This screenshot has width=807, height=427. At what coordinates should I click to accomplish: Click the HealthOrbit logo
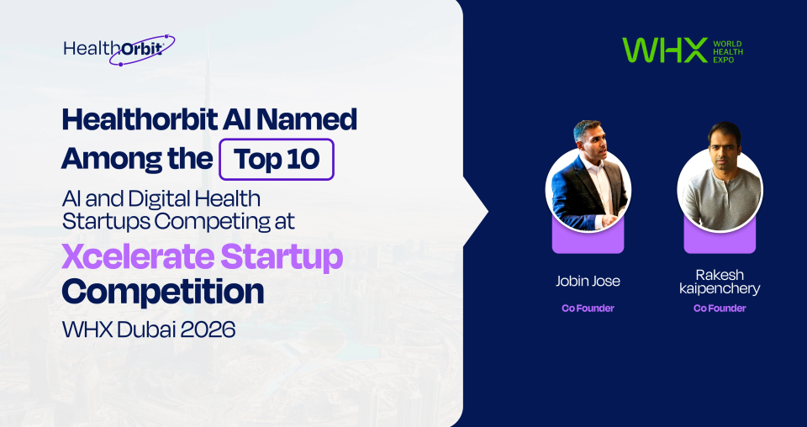point(119,49)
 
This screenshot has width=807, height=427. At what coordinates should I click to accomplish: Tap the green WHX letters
point(664,50)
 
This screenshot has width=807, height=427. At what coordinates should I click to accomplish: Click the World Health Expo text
point(728,50)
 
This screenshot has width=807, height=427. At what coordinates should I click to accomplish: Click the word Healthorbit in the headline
point(139,119)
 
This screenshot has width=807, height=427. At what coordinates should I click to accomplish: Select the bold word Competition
point(163,292)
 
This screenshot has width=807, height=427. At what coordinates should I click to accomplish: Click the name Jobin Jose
point(588,281)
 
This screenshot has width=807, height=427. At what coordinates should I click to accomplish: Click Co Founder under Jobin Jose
point(588,308)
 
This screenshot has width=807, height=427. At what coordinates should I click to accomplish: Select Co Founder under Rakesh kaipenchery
point(719,308)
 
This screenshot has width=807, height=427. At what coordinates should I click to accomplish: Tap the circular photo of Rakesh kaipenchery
point(720,189)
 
